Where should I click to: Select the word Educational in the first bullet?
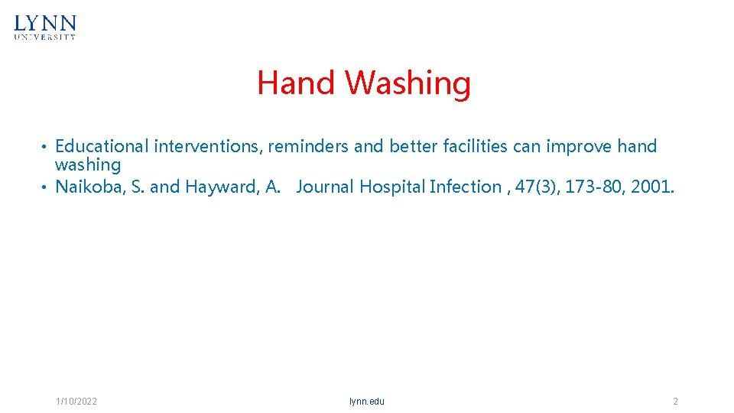(x=102, y=146)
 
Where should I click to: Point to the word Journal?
(x=325, y=187)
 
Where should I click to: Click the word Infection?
(x=465, y=187)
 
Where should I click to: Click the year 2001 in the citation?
(x=652, y=187)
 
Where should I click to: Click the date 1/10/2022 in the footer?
(x=76, y=402)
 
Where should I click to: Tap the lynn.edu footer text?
(x=367, y=402)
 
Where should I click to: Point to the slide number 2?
(x=675, y=402)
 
